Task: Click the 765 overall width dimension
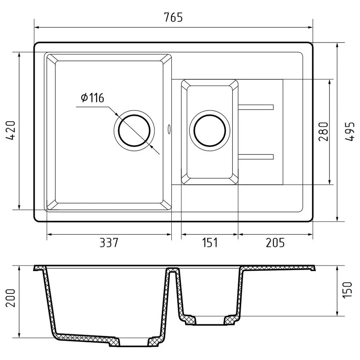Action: coord(174,17)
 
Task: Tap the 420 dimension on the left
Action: coord(10,130)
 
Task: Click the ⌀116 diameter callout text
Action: coord(92,98)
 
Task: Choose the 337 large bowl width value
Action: coord(108,243)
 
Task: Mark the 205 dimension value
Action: coord(275,243)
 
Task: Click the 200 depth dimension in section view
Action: coord(10,297)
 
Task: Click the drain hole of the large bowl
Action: coord(134,130)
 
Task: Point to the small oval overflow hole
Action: coord(169,129)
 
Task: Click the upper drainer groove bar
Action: coord(256,107)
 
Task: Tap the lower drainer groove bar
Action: coord(256,157)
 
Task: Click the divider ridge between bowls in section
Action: coord(173,270)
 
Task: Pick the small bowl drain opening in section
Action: coord(210,321)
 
